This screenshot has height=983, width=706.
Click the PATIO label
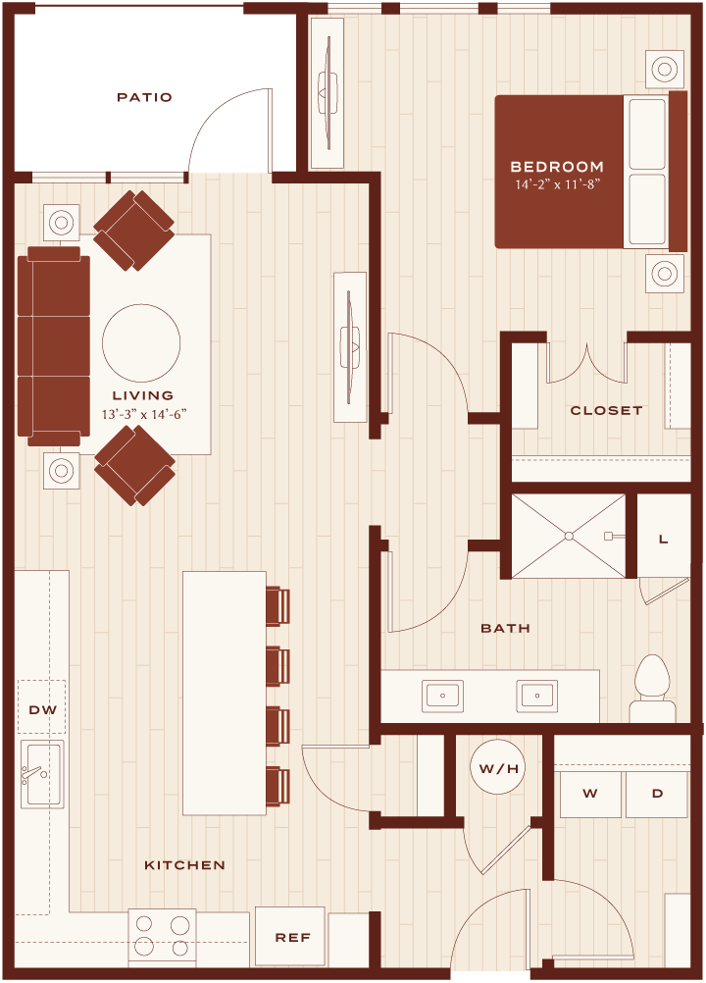[144, 97]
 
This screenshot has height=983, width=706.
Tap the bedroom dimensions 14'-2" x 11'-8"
[558, 184]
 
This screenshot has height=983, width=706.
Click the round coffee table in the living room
[141, 343]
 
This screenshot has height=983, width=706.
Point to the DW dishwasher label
[42, 709]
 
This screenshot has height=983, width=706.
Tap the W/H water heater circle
[499, 768]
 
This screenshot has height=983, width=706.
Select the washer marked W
[590, 794]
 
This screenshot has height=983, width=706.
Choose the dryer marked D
[657, 794]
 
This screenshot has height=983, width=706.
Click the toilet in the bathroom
[652, 689]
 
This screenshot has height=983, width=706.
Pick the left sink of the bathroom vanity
[442, 696]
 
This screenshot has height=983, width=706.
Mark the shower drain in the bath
[568, 536]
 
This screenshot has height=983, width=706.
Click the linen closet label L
[664, 540]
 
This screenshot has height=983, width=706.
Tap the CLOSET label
[606, 411]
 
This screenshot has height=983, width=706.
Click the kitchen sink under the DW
[42, 774]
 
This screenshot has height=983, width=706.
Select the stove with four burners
[162, 937]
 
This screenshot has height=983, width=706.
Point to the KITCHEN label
[184, 865]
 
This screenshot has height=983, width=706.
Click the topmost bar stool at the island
[277, 605]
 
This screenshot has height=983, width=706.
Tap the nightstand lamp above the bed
[664, 68]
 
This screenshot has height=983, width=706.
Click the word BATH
[506, 628]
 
